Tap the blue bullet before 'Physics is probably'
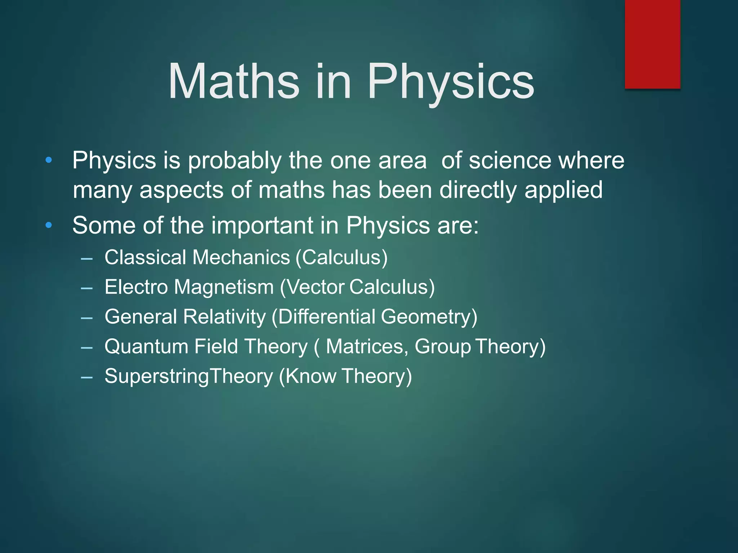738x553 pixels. (x=49, y=160)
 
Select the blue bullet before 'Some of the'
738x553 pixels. (x=49, y=225)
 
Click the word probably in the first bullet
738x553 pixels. (x=234, y=161)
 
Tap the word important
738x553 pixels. (x=262, y=225)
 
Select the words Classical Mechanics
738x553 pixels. (x=197, y=257)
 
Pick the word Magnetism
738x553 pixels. (x=224, y=287)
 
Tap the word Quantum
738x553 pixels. (x=146, y=346)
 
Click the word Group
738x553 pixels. (x=443, y=347)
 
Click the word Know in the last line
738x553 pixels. (x=310, y=376)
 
